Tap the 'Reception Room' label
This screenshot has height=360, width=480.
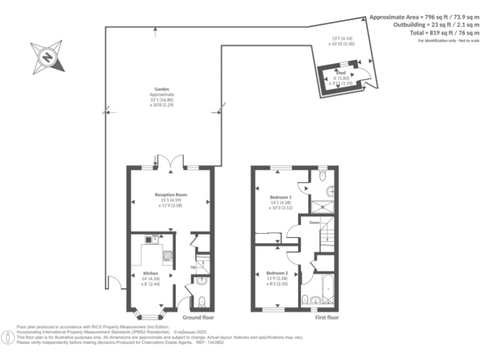(x=171, y=195)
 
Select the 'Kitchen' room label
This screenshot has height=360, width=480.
(x=150, y=273)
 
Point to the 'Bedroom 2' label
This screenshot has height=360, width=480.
(x=277, y=273)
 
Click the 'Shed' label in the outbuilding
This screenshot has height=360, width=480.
(x=341, y=72)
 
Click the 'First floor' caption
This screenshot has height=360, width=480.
(x=327, y=317)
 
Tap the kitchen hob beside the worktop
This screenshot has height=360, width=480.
(x=167, y=255)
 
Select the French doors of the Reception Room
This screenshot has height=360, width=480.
(x=171, y=164)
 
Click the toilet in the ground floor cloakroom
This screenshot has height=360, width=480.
(x=200, y=303)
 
